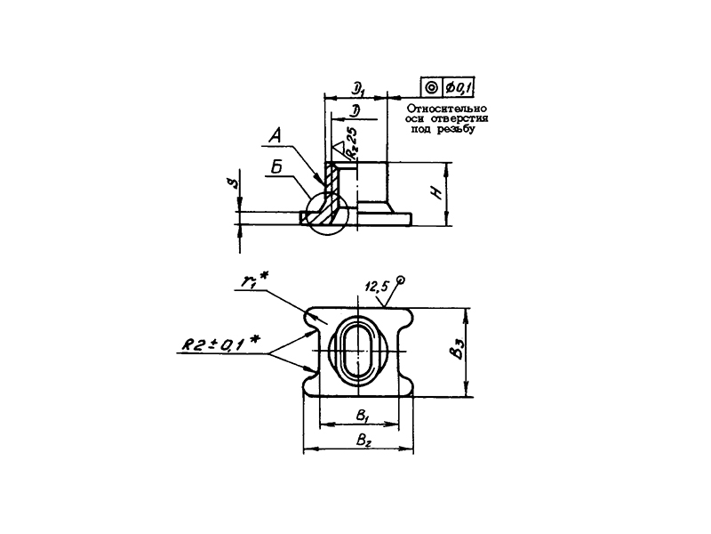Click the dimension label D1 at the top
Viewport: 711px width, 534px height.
point(359,87)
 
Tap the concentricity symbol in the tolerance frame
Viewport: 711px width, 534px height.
point(431,87)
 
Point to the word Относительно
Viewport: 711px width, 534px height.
point(453,108)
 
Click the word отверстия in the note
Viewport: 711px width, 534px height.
point(469,118)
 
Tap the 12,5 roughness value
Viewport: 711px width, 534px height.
point(378,287)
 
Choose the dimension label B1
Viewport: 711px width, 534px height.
point(362,414)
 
